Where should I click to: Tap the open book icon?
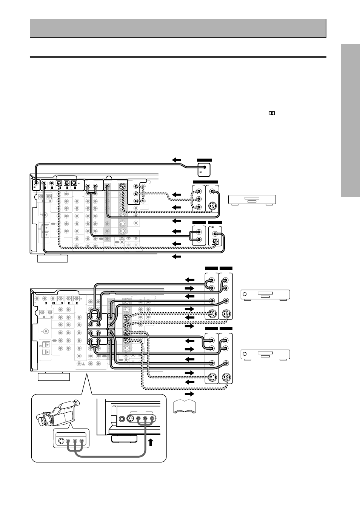(185, 406)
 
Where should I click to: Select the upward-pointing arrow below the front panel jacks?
(150, 442)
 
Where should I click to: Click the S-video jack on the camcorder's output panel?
(60, 440)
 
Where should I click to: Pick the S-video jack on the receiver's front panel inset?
(131, 418)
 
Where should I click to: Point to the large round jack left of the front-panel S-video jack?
(122, 418)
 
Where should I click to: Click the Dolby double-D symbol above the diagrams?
(271, 113)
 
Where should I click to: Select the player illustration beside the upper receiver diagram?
(252, 199)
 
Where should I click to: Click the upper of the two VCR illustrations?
(265, 295)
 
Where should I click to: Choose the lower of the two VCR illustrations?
(265, 355)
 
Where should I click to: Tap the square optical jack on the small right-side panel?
(215, 241)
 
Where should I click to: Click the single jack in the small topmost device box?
(205, 167)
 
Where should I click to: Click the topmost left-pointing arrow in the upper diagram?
(177, 160)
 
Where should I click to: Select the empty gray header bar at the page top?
(178, 28)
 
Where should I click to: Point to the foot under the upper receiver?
(52, 259)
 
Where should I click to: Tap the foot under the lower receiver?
(54, 376)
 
